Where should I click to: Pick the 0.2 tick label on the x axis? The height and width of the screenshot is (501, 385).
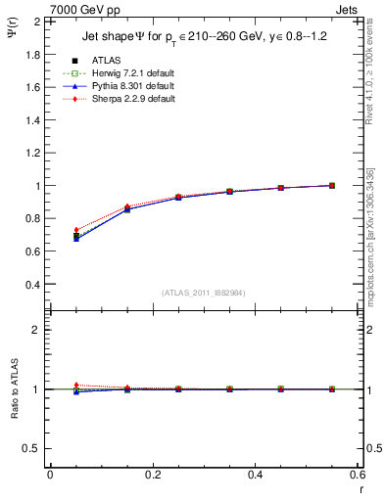(152, 475)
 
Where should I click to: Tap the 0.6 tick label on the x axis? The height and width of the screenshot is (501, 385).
(358, 475)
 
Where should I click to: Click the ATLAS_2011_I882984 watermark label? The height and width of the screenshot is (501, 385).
(203, 293)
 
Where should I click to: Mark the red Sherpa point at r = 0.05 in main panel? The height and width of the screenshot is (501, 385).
(76, 230)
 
